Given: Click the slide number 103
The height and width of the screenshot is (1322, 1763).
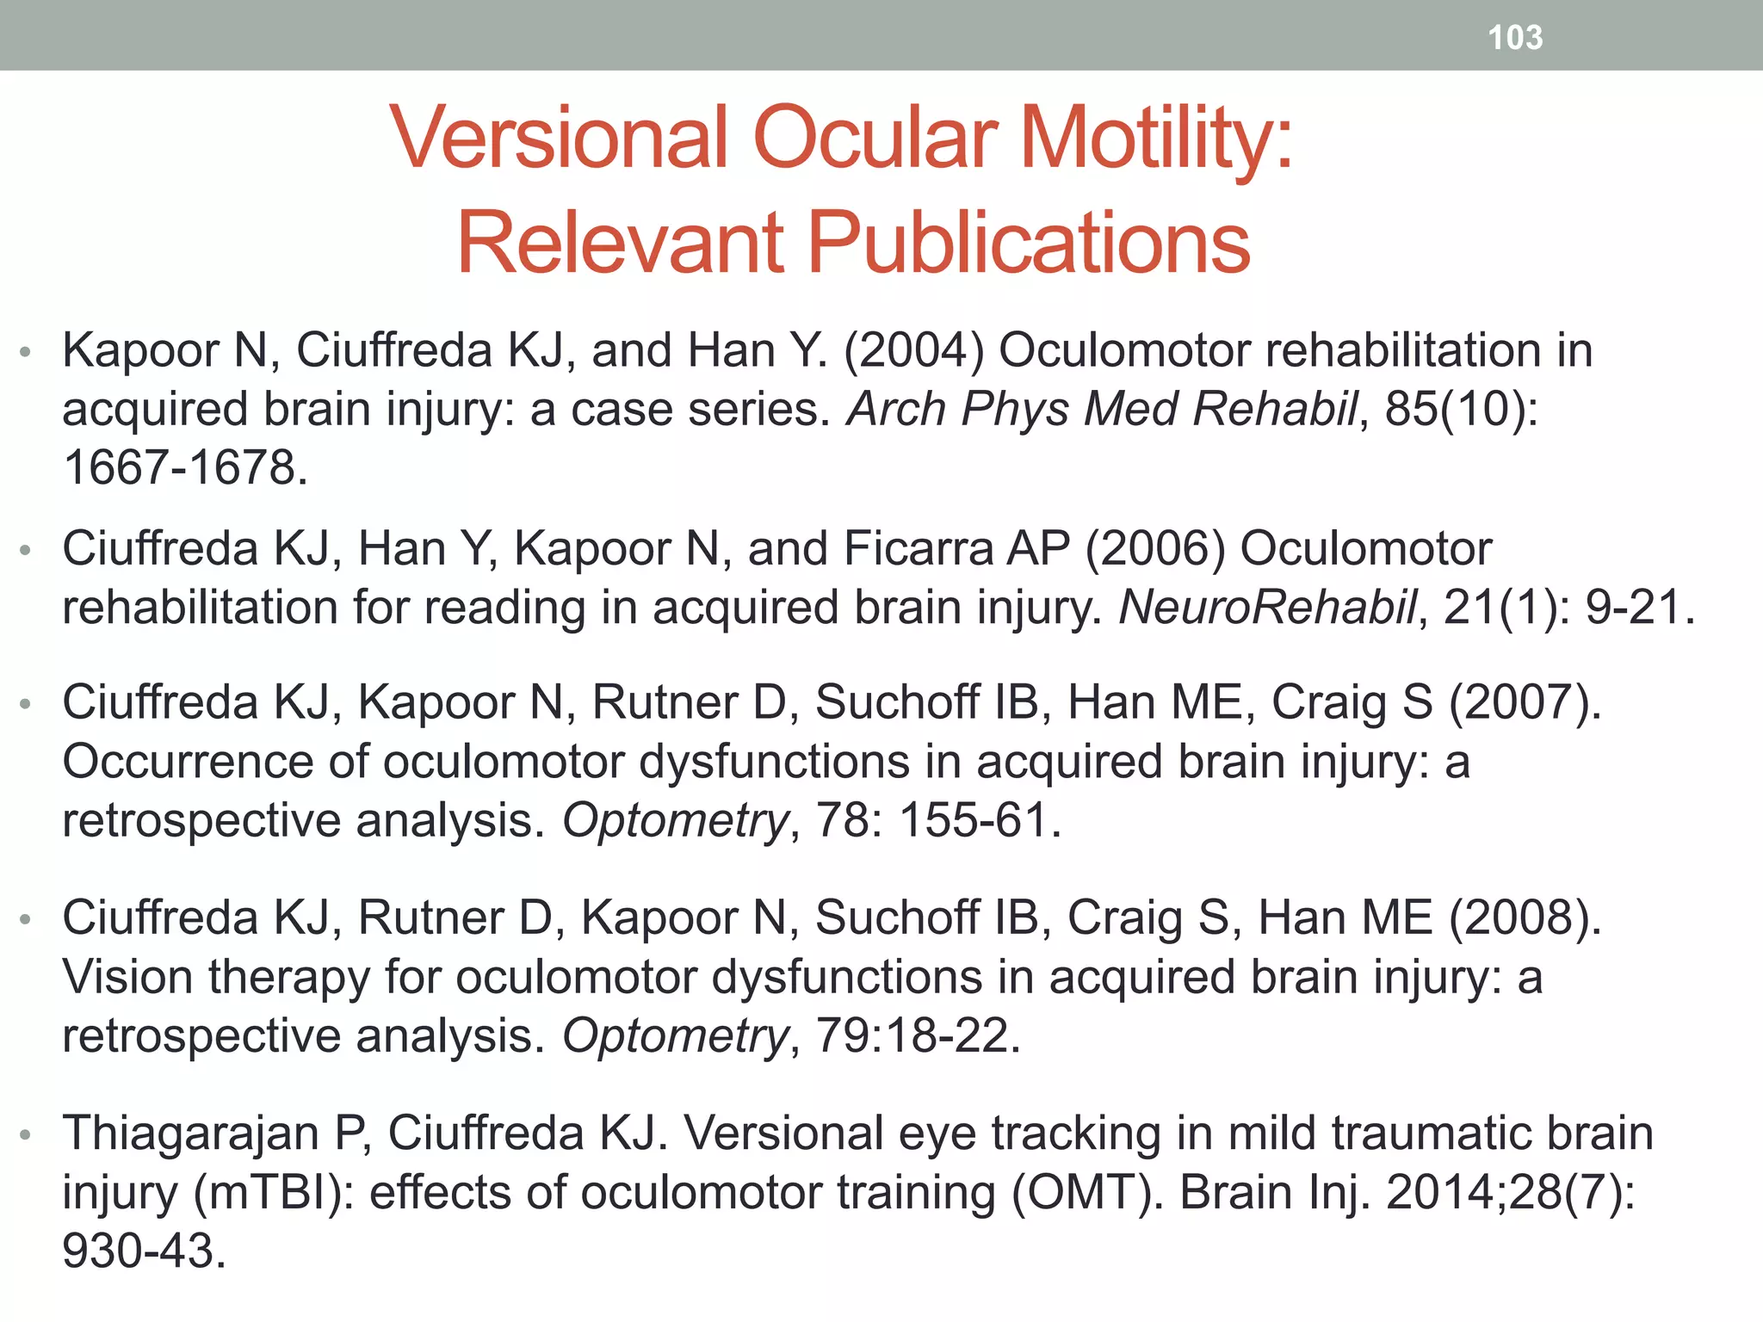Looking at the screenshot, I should (x=1515, y=38).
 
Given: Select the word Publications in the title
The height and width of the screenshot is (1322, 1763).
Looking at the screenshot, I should (x=1029, y=243).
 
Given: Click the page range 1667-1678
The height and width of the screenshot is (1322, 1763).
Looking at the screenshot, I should (x=185, y=467).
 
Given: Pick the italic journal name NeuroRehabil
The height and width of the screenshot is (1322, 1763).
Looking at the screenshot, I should (x=1267, y=607).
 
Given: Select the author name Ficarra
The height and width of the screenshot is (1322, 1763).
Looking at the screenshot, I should (x=919, y=548).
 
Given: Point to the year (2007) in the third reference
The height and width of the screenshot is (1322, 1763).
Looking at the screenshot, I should (x=1525, y=702).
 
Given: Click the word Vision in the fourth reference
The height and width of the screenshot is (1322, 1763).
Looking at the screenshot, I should (x=127, y=977).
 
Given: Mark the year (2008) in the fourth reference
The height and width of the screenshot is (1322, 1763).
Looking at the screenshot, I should (x=1525, y=917).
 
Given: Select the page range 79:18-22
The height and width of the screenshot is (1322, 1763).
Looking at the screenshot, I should (x=918, y=1035).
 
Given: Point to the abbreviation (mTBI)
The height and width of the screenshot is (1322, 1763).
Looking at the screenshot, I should (x=272, y=1192).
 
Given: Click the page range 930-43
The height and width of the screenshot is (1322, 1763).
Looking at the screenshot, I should (x=144, y=1251).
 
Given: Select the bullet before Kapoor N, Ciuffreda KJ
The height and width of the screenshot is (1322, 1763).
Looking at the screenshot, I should (x=26, y=352).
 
